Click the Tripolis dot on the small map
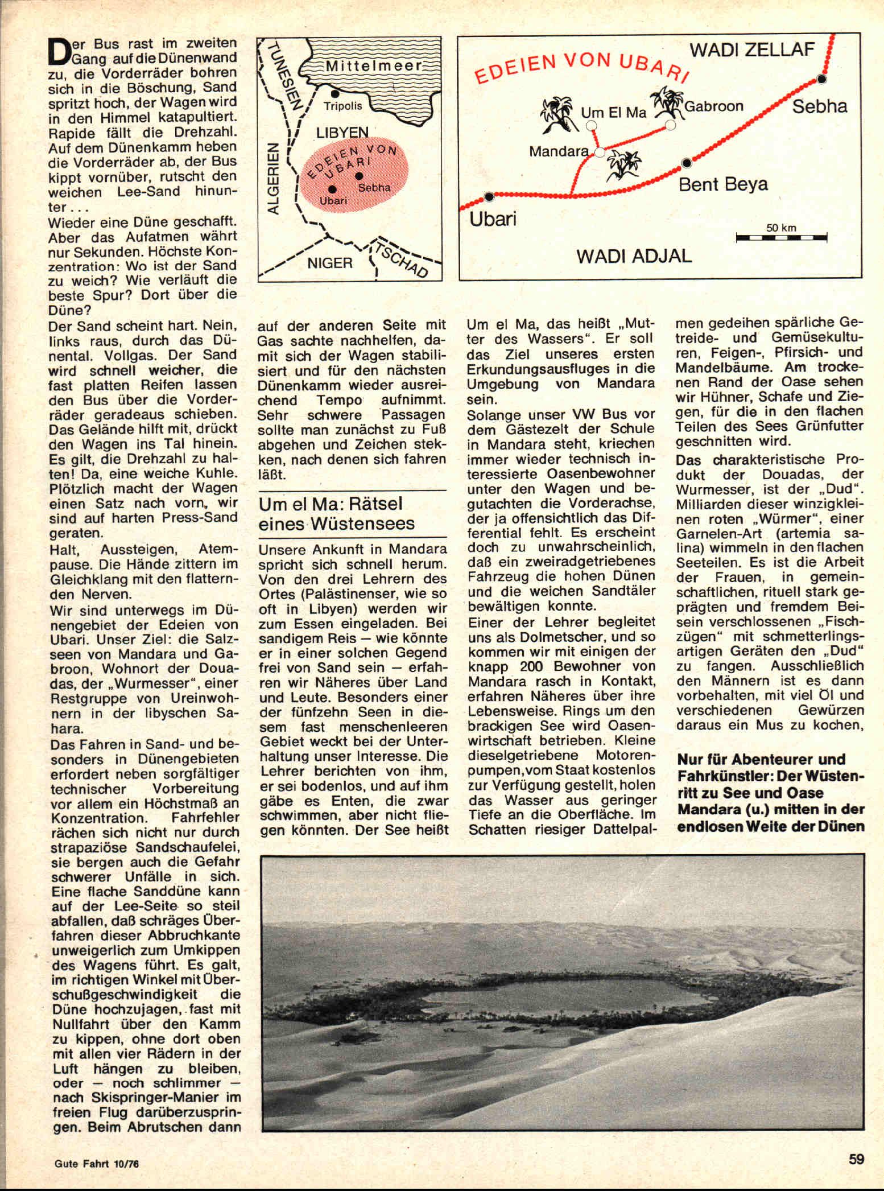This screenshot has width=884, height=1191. click(x=335, y=93)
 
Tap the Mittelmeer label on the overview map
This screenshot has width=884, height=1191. click(x=374, y=65)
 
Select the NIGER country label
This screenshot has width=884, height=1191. click(x=330, y=263)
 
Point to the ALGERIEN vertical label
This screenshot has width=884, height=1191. click(x=274, y=179)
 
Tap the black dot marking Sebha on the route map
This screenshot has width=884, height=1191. click(x=821, y=79)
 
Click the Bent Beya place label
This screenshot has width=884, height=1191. click(x=723, y=184)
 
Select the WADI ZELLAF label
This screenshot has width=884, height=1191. click(x=752, y=50)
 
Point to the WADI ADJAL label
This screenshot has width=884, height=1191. click(x=634, y=256)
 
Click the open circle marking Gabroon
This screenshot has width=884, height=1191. click(x=670, y=124)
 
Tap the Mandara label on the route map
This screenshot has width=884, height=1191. click(x=559, y=151)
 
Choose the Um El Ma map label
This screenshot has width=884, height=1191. click(x=613, y=113)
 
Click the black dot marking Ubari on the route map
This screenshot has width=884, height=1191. click(x=489, y=197)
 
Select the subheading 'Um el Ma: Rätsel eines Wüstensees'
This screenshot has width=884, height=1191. click(x=337, y=513)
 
